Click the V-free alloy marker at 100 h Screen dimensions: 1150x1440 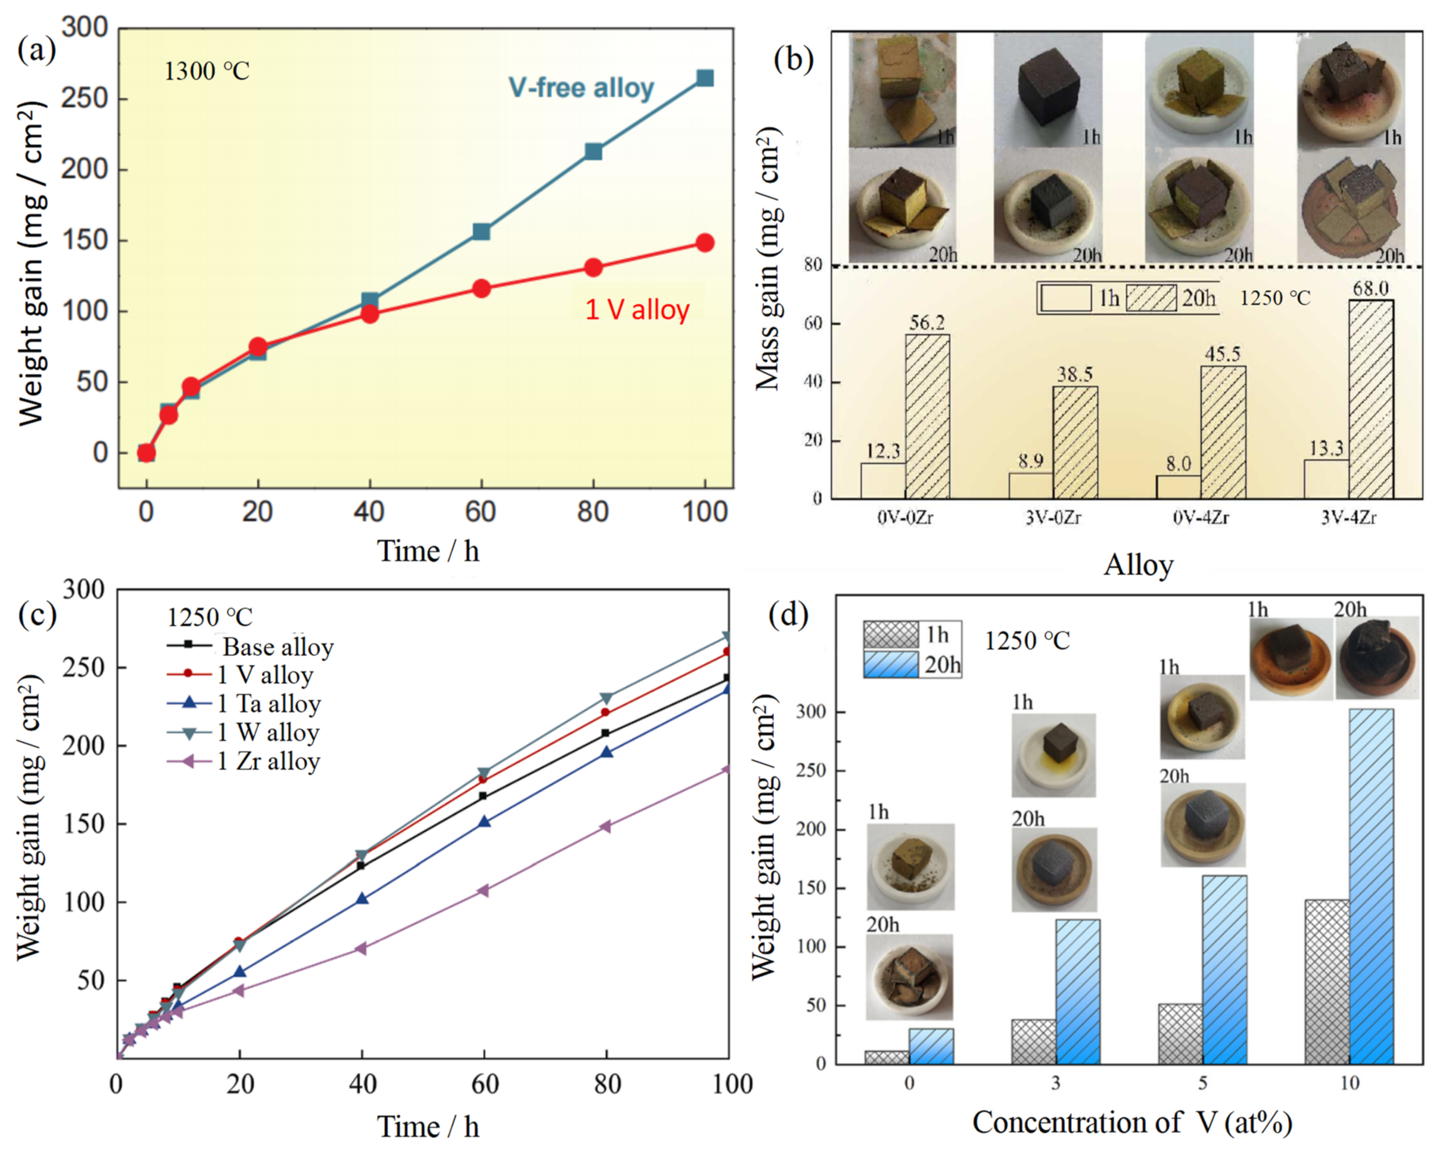704,78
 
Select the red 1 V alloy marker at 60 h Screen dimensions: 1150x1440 481,288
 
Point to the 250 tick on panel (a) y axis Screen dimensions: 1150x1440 84,99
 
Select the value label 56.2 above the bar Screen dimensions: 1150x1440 927,323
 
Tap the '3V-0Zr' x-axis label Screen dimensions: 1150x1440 1053,517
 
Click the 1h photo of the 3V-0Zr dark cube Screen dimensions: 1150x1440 1047,90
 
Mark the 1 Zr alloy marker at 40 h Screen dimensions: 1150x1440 362,948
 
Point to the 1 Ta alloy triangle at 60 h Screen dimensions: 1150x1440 485,822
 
